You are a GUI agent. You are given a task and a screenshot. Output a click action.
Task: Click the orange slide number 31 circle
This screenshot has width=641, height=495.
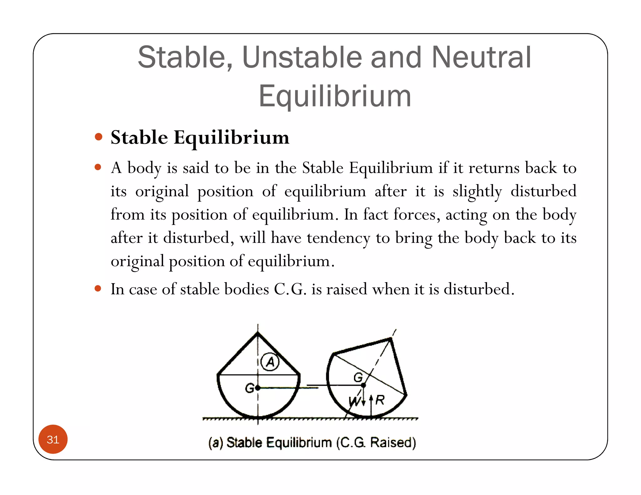tap(53, 439)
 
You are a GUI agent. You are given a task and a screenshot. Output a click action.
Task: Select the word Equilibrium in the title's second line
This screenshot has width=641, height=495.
tap(335, 96)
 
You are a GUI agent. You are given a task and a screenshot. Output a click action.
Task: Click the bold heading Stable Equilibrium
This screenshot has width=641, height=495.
tap(200, 137)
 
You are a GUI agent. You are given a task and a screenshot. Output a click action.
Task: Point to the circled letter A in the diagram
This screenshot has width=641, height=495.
tap(270, 362)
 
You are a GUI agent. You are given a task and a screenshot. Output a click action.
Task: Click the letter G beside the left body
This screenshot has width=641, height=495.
tap(249, 388)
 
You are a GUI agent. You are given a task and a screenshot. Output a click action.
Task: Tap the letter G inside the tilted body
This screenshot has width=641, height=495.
tap(358, 377)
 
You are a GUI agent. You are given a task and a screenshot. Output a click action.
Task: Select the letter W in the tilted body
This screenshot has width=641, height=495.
tap(354, 401)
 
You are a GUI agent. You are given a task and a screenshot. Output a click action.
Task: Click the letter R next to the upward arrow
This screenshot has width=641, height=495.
tap(380, 400)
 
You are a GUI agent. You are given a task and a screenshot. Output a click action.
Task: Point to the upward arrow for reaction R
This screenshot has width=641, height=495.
tap(371, 407)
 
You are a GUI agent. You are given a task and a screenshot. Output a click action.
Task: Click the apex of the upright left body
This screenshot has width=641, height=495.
tap(258, 334)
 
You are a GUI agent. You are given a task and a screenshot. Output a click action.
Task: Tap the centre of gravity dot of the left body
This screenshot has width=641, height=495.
tap(258, 388)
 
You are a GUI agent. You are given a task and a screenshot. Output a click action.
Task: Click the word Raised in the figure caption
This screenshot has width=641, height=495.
tap(393, 442)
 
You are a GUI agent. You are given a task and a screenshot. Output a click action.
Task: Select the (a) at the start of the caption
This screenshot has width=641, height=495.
tap(216, 442)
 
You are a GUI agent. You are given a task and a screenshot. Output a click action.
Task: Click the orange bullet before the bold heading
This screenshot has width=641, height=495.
tap(99, 137)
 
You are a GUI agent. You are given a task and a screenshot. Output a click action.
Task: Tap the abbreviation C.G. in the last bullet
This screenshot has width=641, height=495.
tap(290, 289)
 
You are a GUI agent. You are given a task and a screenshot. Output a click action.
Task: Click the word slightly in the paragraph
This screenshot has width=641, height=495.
tap(477, 191)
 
